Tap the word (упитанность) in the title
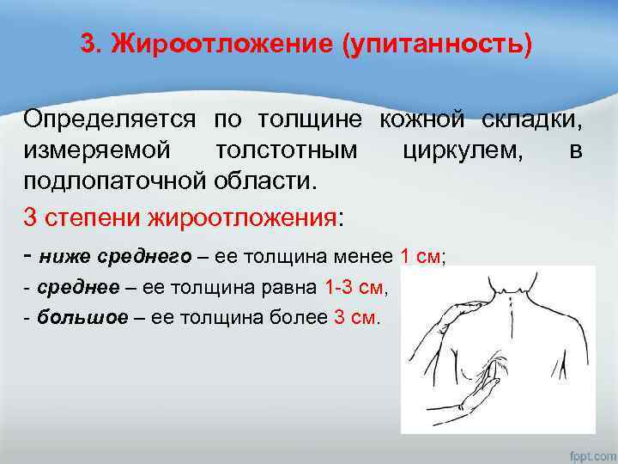(437, 44)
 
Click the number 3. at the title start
(92, 44)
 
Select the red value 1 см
(420, 256)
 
